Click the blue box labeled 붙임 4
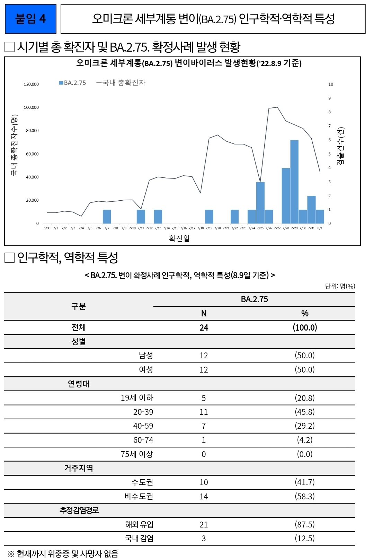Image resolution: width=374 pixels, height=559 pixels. [30, 19]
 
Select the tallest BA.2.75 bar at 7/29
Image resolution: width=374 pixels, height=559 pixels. [294, 182]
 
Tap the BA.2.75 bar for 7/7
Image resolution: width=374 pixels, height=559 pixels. [107, 217]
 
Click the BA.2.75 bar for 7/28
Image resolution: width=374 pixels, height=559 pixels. [286, 195]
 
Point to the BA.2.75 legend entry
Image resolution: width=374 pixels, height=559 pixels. [72, 83]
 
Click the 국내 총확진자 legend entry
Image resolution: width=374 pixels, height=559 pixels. [121, 83]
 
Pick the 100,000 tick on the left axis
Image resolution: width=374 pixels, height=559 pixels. [31, 107]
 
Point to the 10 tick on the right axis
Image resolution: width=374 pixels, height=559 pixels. [331, 84]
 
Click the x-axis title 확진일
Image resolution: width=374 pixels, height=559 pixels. [179, 238]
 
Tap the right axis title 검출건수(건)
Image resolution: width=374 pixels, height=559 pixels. [341, 146]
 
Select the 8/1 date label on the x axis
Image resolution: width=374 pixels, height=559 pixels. [320, 228]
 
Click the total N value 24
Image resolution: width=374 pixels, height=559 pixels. [204, 327]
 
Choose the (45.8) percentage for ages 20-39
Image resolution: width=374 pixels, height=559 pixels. [305, 412]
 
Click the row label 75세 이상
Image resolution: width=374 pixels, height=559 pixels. [137, 454]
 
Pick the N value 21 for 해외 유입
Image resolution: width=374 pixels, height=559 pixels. [204, 525]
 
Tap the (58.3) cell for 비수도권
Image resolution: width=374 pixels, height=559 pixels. [305, 496]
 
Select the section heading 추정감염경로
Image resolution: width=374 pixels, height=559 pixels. [79, 510]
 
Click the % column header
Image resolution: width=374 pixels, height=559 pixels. [305, 314]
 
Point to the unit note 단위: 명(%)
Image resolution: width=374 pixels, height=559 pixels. [340, 286]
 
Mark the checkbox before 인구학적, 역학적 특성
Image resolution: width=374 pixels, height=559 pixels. [9, 258]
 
